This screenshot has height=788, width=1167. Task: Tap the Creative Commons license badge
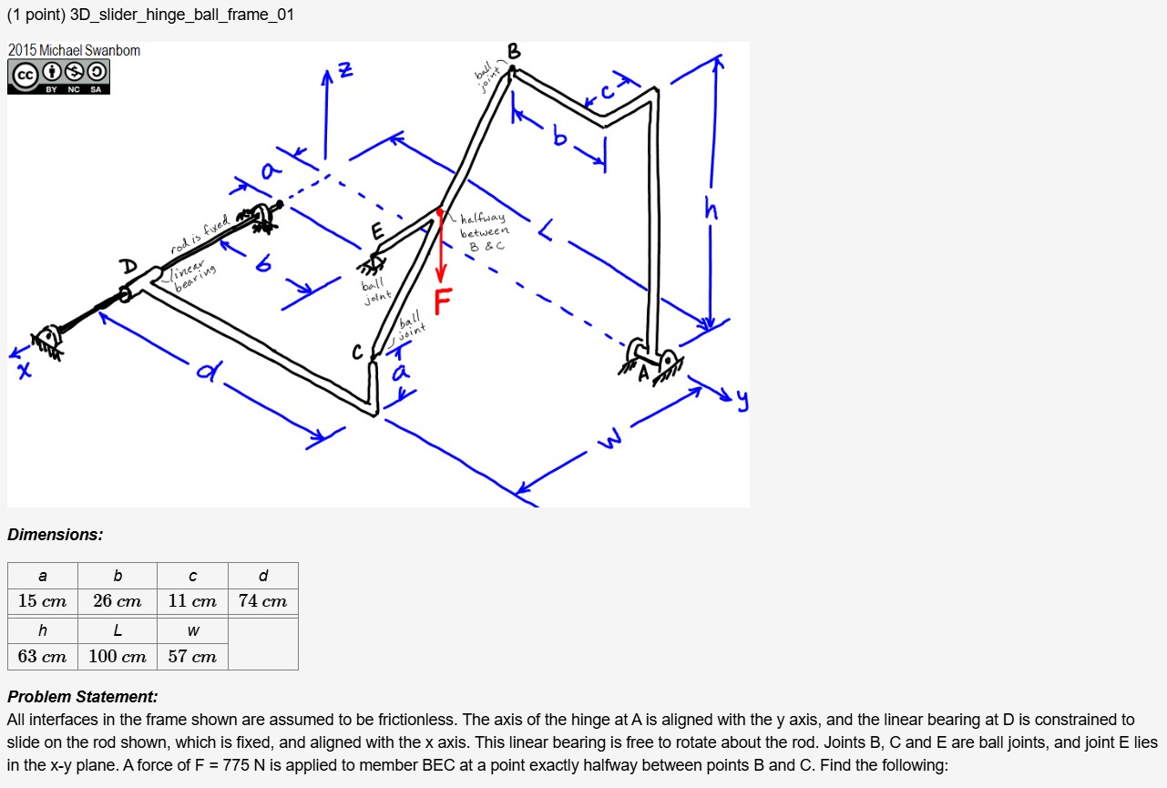coord(58,77)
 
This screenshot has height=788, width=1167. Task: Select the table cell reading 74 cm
coord(262,601)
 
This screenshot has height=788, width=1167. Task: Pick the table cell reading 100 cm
coord(118,656)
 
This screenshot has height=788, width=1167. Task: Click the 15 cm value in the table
coord(43,601)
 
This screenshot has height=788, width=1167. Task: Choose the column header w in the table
coord(192,630)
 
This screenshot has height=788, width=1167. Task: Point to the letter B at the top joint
coord(514,52)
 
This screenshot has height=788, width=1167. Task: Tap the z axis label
coord(344,69)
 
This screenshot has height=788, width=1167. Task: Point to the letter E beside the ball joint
coord(377,232)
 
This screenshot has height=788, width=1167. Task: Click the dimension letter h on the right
coord(711,210)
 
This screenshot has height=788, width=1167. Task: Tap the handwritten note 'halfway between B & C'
coord(483,231)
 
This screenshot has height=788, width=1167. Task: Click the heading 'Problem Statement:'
coord(83,697)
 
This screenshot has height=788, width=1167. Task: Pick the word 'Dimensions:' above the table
coord(56,535)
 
